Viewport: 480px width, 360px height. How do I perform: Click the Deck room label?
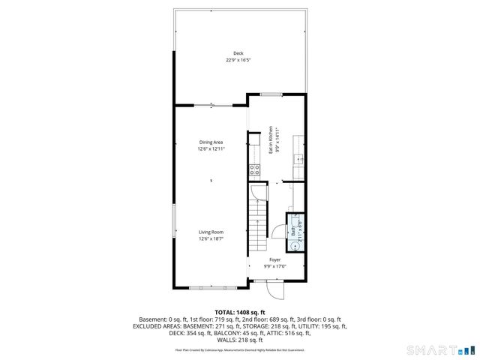pyautogui.click(x=238, y=53)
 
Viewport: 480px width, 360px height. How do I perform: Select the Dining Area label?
pyautogui.click(x=211, y=142)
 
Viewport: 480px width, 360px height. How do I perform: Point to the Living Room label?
pyautogui.click(x=211, y=232)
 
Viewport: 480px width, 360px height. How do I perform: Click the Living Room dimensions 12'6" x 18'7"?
pyautogui.click(x=211, y=239)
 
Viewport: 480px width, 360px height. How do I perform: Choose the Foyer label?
pyautogui.click(x=275, y=260)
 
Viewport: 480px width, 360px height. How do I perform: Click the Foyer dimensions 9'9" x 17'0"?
pyautogui.click(x=275, y=266)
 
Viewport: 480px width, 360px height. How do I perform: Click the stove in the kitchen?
pyautogui.click(x=255, y=169)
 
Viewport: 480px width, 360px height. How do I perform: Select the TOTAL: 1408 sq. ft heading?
pyautogui.click(x=240, y=312)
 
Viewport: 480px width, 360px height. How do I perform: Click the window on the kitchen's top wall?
pyautogui.click(x=271, y=94)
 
